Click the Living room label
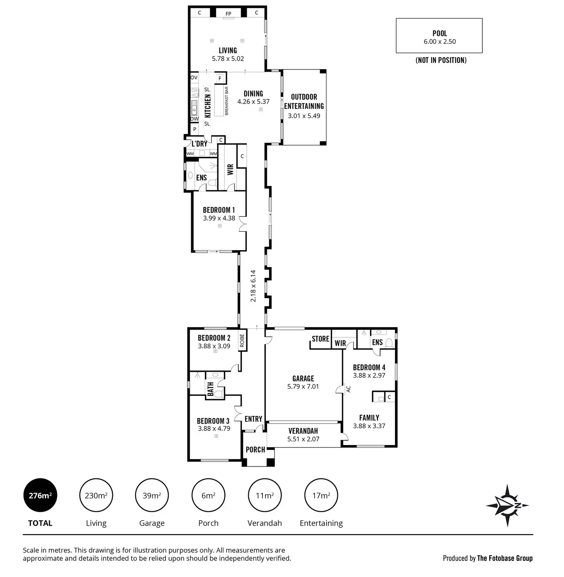point(228,50)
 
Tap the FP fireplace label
point(228,14)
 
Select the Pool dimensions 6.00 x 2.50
point(439,42)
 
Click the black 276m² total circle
point(40,495)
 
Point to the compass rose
point(507,505)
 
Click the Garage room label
point(303,378)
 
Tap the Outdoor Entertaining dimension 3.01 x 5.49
point(304,116)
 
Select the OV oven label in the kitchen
point(194,77)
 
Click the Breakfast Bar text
point(226,101)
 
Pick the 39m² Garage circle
point(152,495)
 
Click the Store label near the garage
point(320,339)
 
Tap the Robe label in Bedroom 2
point(242,341)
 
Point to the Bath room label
point(210,389)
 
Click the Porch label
point(255,450)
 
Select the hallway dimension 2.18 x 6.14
point(253,286)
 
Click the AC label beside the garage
point(348,389)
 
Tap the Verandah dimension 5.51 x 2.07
point(303,439)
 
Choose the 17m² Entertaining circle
point(321,495)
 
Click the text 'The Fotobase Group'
point(505,558)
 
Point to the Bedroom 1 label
point(219,210)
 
